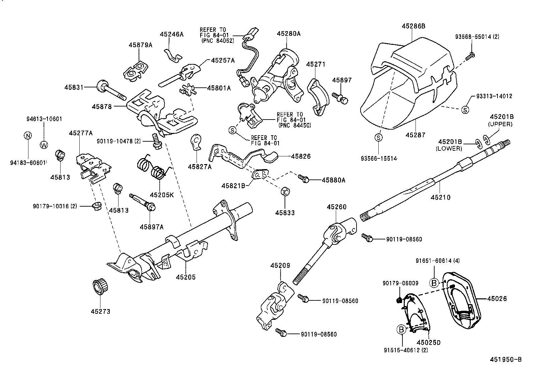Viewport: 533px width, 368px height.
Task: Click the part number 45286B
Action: (x=413, y=26)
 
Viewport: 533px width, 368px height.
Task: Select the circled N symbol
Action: (x=28, y=135)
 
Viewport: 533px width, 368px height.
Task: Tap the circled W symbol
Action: (x=44, y=145)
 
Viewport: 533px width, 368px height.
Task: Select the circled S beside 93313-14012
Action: (x=465, y=109)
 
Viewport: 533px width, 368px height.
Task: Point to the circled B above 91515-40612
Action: (x=401, y=329)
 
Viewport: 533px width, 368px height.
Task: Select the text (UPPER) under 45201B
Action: (x=500, y=124)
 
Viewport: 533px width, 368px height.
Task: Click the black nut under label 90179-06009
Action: (x=399, y=300)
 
